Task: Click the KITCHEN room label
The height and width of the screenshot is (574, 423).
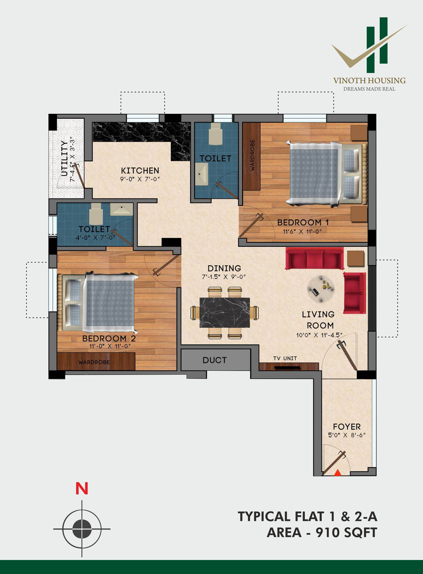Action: [x=140, y=171]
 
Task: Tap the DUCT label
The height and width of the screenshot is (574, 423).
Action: [x=215, y=360]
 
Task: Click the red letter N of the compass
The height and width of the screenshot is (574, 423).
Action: [x=82, y=489]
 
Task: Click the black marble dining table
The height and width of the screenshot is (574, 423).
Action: [x=225, y=312]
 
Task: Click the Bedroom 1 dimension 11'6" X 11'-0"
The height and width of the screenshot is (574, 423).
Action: [x=302, y=231]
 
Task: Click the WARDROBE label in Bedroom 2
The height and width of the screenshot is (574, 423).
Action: [x=94, y=362]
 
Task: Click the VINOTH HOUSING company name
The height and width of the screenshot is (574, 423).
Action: [x=369, y=81]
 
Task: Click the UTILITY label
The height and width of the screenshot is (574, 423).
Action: [x=64, y=158]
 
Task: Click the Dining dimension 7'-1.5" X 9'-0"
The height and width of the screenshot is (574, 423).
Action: [x=224, y=276]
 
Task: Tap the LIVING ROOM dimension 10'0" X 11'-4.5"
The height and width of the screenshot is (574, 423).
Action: [x=319, y=335]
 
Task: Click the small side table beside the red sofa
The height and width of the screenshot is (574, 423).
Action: [x=356, y=259]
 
